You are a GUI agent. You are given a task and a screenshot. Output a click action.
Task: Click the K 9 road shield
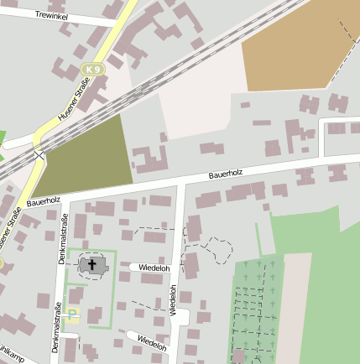(92, 67)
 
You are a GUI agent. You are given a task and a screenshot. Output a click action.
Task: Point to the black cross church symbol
(92, 265)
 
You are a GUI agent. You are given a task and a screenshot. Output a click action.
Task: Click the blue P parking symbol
(72, 315)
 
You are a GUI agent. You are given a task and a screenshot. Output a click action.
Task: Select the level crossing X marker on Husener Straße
(38, 154)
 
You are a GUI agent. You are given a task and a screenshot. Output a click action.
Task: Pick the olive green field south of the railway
(88, 155)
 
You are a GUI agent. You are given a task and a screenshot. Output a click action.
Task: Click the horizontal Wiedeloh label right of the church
(155, 268)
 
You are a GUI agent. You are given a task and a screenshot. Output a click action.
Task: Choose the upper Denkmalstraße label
(64, 240)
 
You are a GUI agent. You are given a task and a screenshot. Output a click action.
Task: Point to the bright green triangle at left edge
(3, 138)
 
